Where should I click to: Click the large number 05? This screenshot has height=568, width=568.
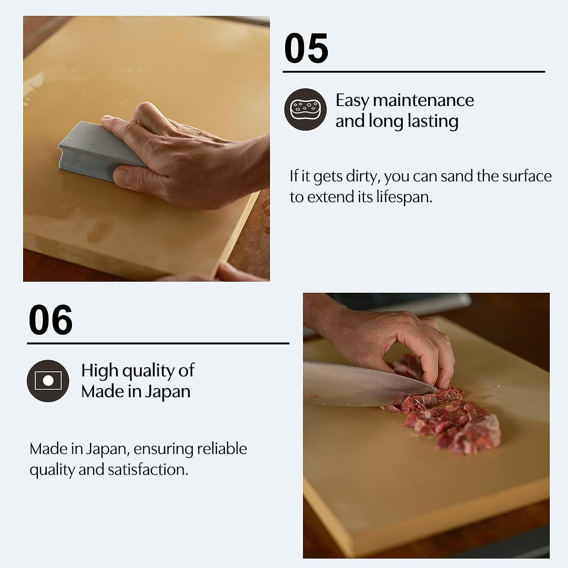click(x=306, y=48)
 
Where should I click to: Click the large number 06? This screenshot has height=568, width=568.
click(x=50, y=320)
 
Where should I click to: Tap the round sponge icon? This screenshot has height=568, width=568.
click(x=305, y=109)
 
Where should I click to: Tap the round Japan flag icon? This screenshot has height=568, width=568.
click(x=48, y=381)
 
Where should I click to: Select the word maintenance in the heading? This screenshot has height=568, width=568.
click(x=423, y=101)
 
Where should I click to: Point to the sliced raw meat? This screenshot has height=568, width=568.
click(x=454, y=420)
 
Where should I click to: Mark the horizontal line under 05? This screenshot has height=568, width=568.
click(x=414, y=71)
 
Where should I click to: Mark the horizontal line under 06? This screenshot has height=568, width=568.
click(x=158, y=343)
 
